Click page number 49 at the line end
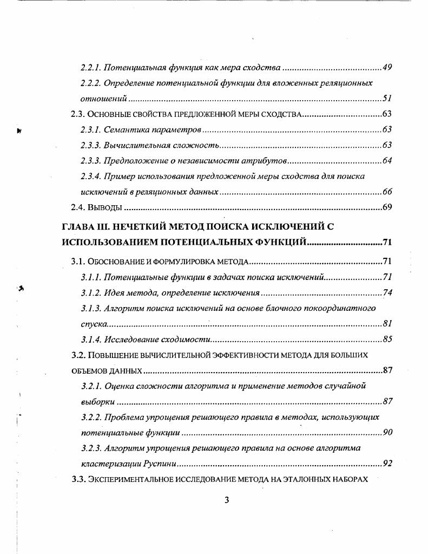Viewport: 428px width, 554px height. tap(386, 68)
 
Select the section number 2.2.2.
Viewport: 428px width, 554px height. tap(90, 83)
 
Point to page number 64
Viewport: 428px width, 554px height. tap(386, 161)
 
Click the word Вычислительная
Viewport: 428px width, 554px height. tap(135, 145)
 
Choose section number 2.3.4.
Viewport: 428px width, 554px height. tap(90, 176)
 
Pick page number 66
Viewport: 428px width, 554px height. tap(386, 192)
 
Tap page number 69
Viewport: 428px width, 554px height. tap(386, 207)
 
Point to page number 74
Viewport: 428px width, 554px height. tap(386, 293)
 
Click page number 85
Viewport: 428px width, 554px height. tap(386, 340)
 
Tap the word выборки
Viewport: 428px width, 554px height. tap(97, 402)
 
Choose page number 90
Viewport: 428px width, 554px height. tap(386, 433)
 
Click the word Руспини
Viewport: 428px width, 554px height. tap(160, 464)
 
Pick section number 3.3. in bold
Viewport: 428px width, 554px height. tap(79, 479)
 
